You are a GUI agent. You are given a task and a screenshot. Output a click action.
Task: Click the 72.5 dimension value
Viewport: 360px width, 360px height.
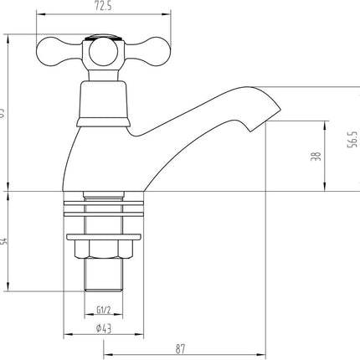tap(101, 8)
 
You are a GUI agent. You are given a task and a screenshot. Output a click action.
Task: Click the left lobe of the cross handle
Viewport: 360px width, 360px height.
tap(52, 47)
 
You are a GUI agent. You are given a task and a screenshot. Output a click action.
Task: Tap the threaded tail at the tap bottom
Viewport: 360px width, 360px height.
tap(102, 279)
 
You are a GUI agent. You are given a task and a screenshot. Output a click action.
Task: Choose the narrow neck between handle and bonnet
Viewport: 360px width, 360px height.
tap(102, 69)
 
